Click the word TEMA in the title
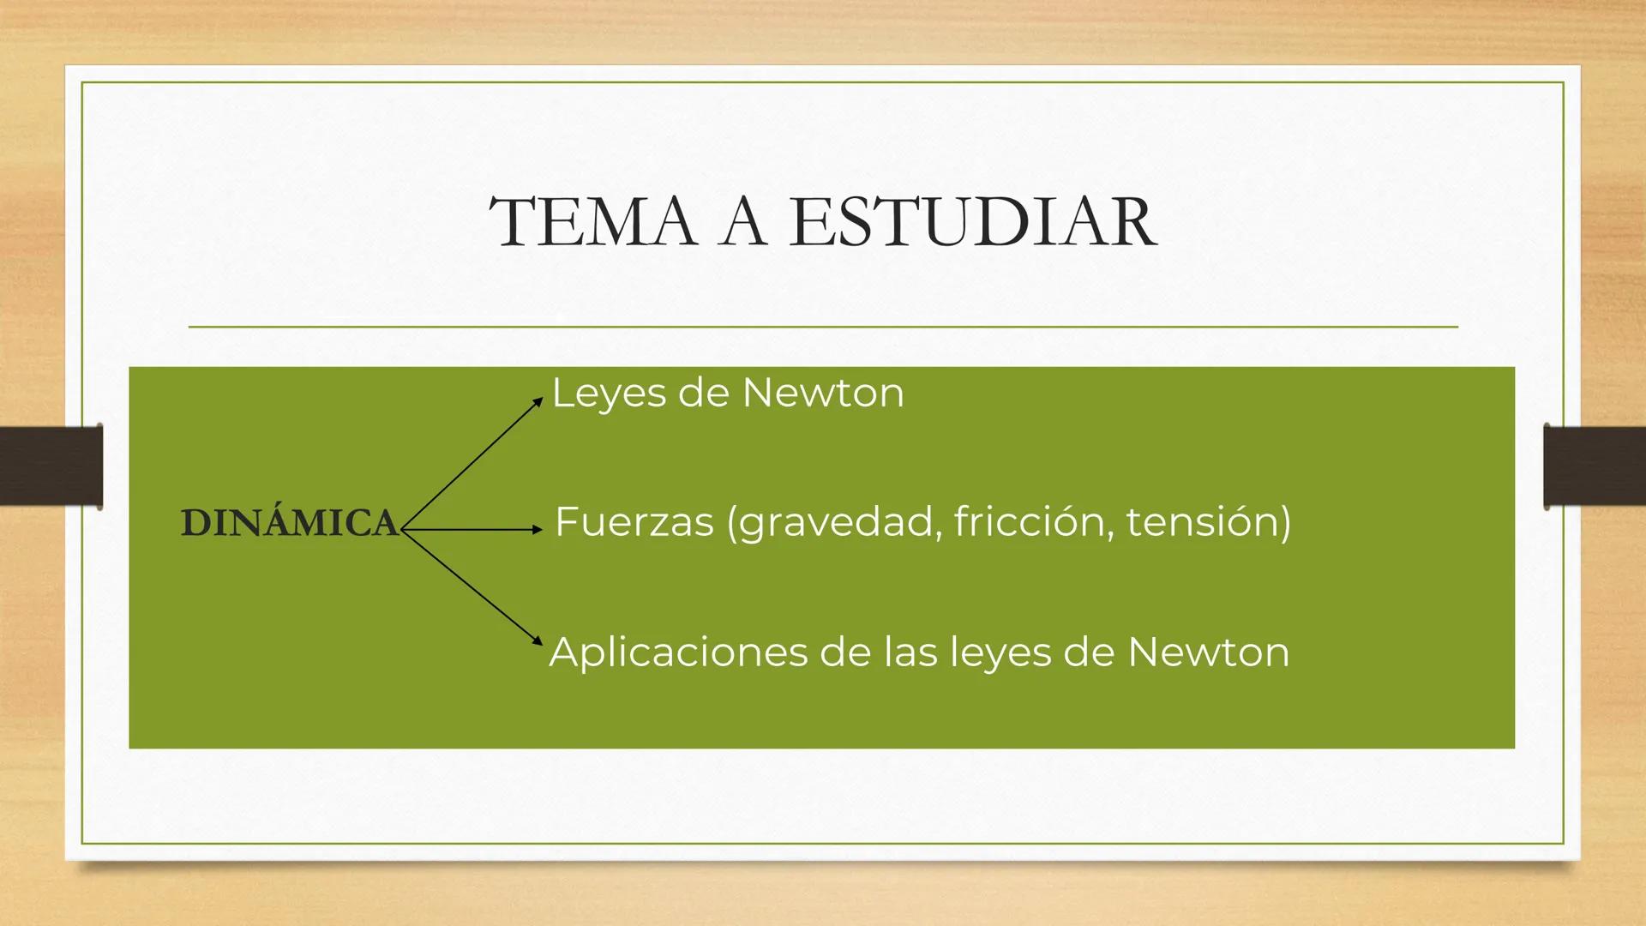click(592, 221)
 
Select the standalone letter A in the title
click(742, 221)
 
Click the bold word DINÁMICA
click(290, 523)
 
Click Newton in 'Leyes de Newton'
click(822, 394)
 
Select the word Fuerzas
click(634, 521)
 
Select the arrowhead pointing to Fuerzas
click(538, 530)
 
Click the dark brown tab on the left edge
click(51, 465)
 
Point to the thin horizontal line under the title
click(823, 327)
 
